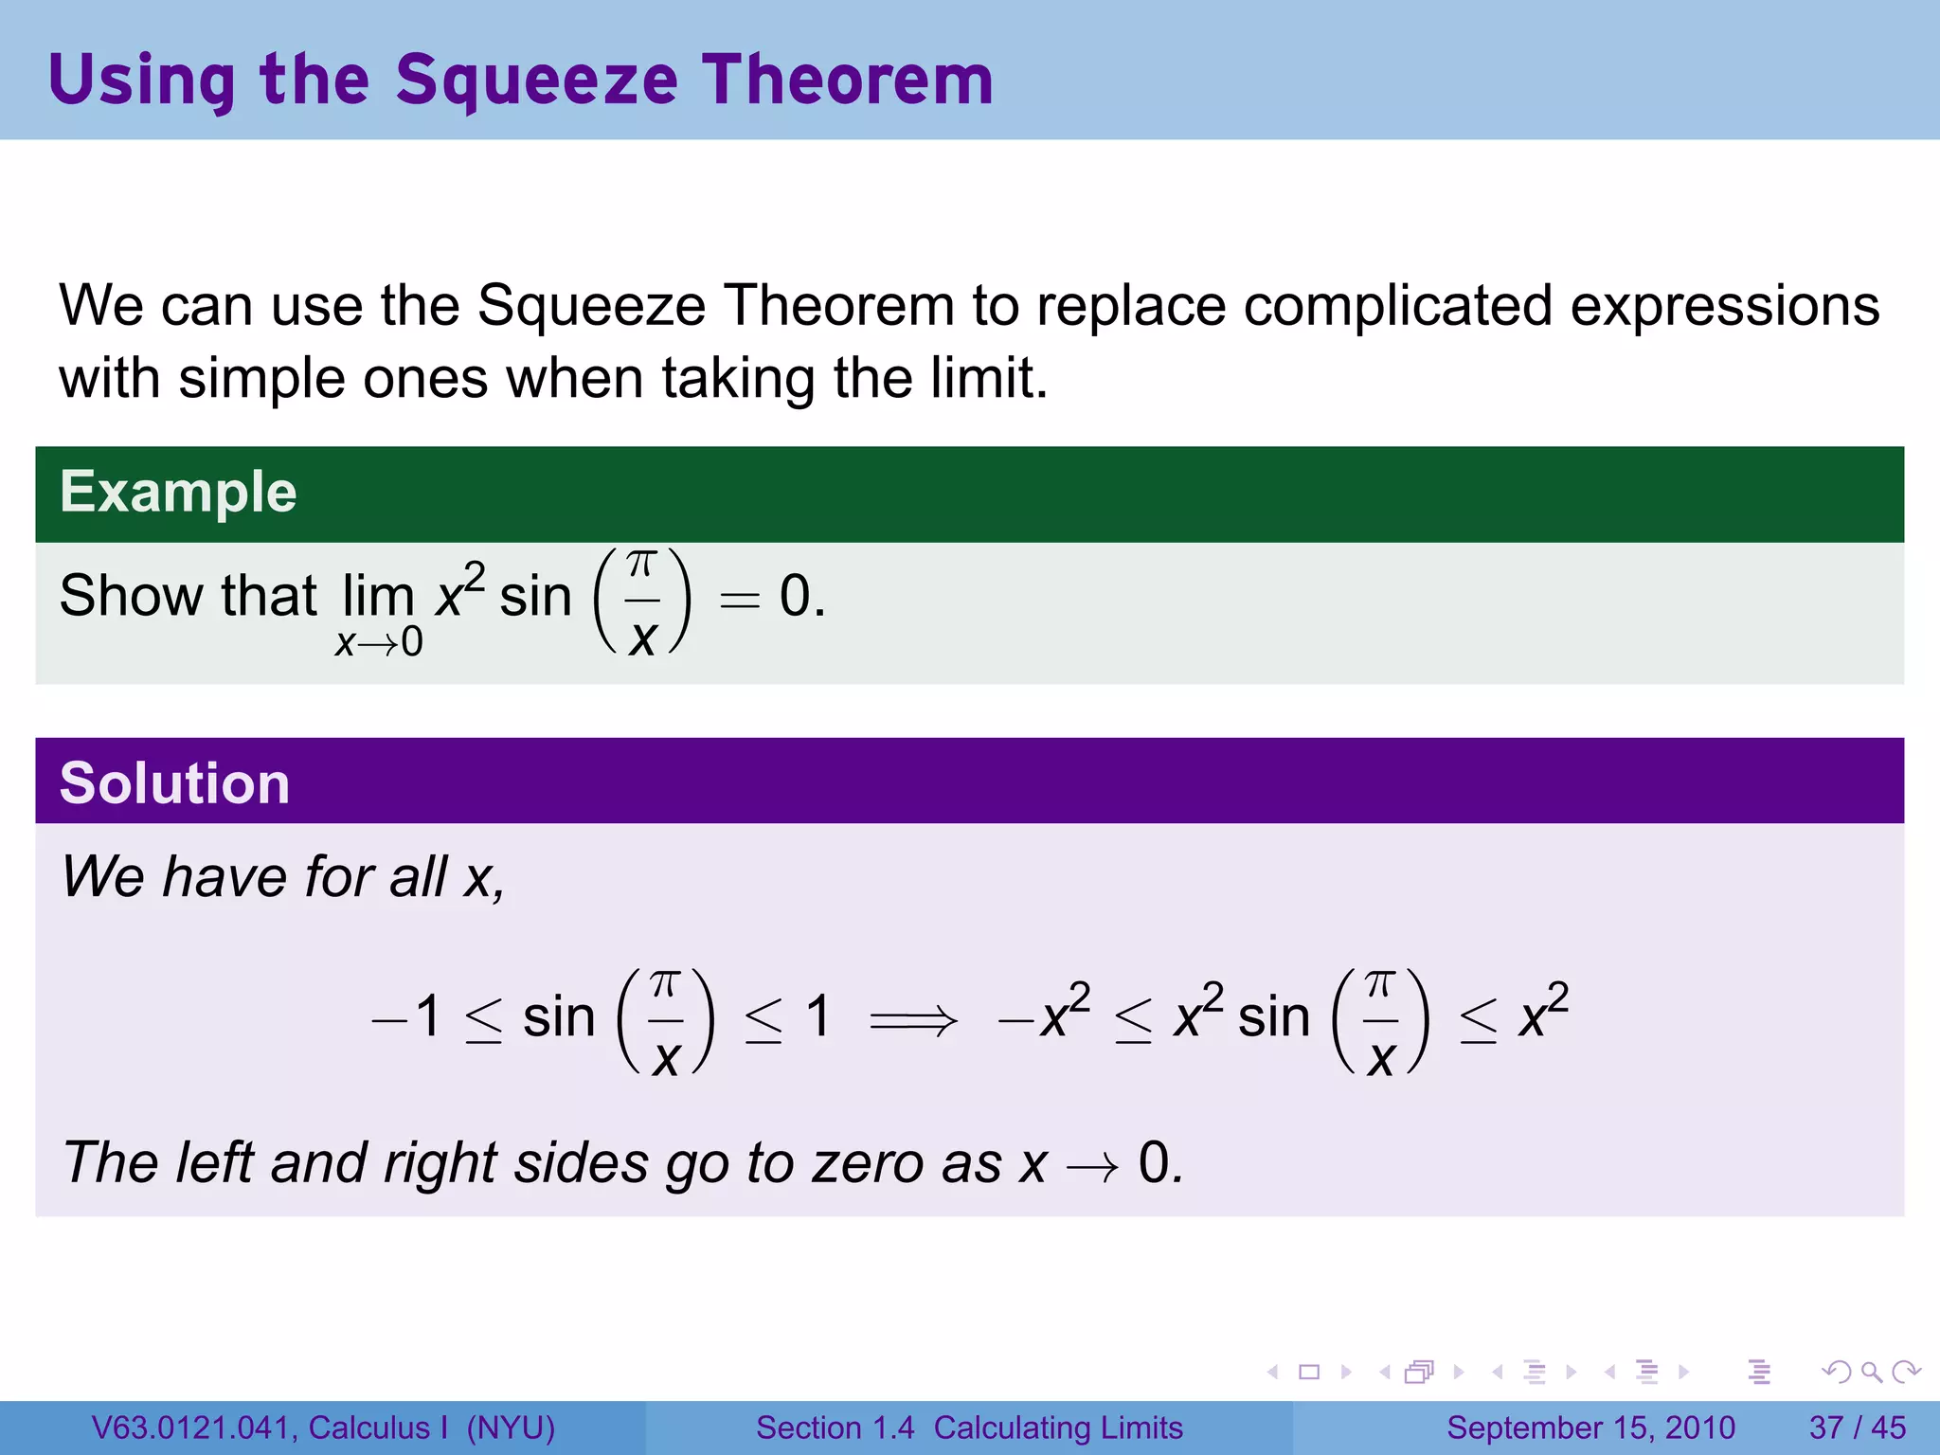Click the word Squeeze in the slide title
click(x=536, y=81)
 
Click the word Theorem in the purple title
click(x=847, y=81)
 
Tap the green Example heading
click(x=178, y=493)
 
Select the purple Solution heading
click(x=174, y=783)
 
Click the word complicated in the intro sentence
click(x=1397, y=306)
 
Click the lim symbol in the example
click(x=378, y=597)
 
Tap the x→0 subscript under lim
click(x=379, y=643)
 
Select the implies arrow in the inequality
click(x=913, y=1021)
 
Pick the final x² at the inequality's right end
click(x=1543, y=1014)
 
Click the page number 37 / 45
click(x=1857, y=1428)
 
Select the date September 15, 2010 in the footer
click(x=1590, y=1428)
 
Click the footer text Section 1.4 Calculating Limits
click(x=969, y=1428)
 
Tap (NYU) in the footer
click(x=511, y=1428)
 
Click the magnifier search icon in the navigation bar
click(x=1870, y=1372)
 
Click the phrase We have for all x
click(x=282, y=876)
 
